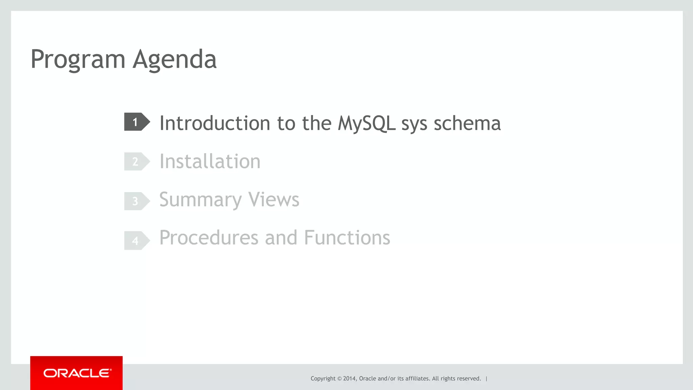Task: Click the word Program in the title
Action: coord(78,60)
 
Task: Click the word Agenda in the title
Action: coord(174,60)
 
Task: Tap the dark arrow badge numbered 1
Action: coord(136,122)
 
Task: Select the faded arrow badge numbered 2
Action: coord(136,161)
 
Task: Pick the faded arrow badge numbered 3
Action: coord(136,201)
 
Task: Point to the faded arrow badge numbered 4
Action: coord(136,240)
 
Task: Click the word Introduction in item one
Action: coord(215,123)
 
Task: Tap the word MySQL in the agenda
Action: coord(366,123)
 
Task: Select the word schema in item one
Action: coord(467,123)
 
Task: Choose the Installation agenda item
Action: coord(210,161)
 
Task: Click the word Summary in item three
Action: coord(200,200)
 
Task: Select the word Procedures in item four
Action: coord(209,238)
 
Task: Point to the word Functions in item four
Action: coord(347,238)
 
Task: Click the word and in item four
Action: coord(281,238)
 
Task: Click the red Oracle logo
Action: coord(76,373)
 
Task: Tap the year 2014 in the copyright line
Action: coord(349,378)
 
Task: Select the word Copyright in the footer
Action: coord(323,378)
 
